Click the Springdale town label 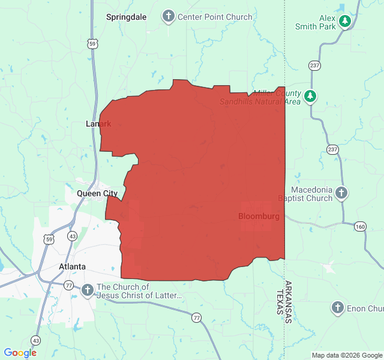coord(126,17)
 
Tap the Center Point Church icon coord(169,16)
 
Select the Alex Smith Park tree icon coord(344,22)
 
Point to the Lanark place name coord(98,124)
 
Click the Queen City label coord(97,193)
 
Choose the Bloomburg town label coord(259,216)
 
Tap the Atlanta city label coord(72,266)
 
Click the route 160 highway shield coord(359,226)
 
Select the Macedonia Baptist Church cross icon coord(341,193)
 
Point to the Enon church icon coord(338,308)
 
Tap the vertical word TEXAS coord(279,304)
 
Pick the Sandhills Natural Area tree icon coord(310,95)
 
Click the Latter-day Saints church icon coord(87,291)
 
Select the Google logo coord(20,353)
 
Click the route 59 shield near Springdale coord(92,43)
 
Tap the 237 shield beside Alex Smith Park coord(314,65)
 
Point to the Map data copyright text coord(347,355)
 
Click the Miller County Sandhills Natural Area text coord(260,97)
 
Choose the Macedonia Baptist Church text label coord(305,194)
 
